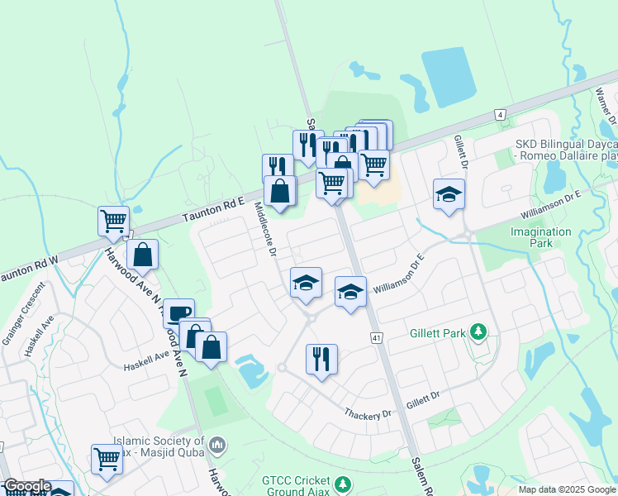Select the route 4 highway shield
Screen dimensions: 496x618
pos(499,114)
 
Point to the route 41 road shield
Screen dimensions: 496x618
pos(377,336)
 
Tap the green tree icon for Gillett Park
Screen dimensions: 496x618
pos(478,332)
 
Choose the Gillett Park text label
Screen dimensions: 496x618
pos(438,334)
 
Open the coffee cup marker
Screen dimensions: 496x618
pos(178,312)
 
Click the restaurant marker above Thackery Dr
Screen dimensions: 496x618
pos(321,359)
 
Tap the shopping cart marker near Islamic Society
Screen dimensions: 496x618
pos(107,458)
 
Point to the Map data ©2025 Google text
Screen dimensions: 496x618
pos(567,489)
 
